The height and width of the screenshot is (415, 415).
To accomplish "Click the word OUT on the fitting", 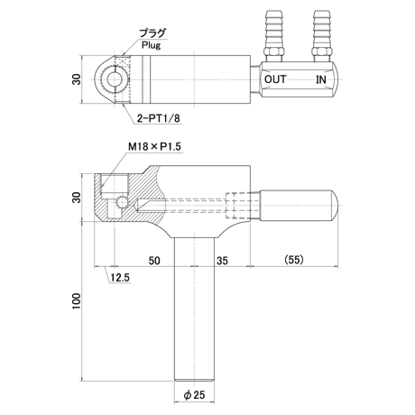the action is coord(275,79).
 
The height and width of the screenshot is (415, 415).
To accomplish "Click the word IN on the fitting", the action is coord(321,79).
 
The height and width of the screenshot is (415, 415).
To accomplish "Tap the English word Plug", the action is coord(152,45).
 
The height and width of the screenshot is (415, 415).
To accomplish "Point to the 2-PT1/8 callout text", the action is coord(158,118).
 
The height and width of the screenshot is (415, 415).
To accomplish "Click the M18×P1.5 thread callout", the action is coord(155,147).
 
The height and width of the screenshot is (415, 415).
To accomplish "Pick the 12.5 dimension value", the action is coord(119,278).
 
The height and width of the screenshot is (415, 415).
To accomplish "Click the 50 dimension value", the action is coord(154,261).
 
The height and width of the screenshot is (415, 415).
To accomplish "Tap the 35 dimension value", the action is coord(222,261).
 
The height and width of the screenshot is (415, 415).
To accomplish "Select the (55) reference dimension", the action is coord(294,259).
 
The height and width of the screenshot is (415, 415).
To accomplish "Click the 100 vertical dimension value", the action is coord(77,300).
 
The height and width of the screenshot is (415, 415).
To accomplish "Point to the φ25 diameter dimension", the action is coord(195,394).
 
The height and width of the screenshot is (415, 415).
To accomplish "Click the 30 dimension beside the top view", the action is coord(77,79).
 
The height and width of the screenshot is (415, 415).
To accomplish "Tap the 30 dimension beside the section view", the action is coord(77,198).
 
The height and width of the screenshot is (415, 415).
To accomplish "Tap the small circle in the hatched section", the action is coord(123,202).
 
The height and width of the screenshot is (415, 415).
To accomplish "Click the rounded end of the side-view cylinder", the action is coord(335,206).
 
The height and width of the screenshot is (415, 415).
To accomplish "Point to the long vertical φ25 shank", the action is coord(195,309).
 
